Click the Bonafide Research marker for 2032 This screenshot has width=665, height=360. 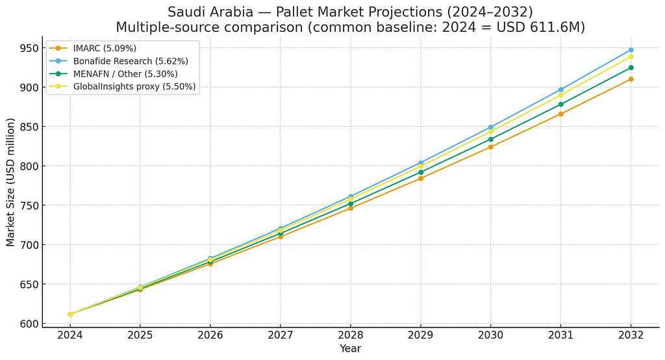[631, 50]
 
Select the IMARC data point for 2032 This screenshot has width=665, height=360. [631, 79]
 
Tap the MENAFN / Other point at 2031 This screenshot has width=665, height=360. [560, 105]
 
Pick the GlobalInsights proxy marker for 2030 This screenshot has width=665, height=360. [490, 131]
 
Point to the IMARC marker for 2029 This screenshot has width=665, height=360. [420, 178]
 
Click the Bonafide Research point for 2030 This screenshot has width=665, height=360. [490, 127]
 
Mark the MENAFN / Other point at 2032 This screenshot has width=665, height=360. [631, 68]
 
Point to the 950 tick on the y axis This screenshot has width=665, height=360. [29, 48]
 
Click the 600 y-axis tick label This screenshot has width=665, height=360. [29, 324]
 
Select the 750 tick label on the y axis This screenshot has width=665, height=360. [29, 205]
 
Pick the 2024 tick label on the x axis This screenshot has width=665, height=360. [70, 335]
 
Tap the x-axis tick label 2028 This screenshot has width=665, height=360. [350, 335]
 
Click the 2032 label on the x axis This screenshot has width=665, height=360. [631, 335]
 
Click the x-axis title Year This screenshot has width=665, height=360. [350, 348]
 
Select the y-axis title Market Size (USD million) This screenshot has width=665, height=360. [10, 182]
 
